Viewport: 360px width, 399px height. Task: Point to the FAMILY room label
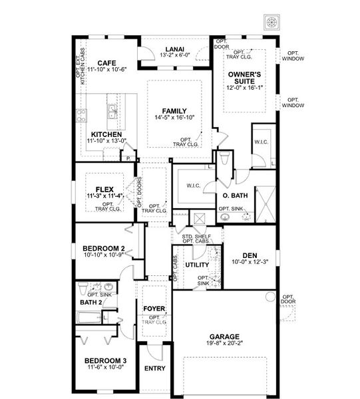click(x=174, y=111)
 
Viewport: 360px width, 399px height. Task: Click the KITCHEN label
click(x=106, y=133)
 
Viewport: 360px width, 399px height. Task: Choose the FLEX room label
click(x=106, y=188)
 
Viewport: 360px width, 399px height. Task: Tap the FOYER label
click(x=154, y=309)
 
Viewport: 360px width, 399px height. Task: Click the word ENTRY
click(x=154, y=368)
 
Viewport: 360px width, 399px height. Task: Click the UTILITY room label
click(x=198, y=265)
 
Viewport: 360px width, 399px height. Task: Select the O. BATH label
click(x=235, y=195)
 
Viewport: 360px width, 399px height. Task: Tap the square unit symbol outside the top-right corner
click(x=271, y=21)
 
